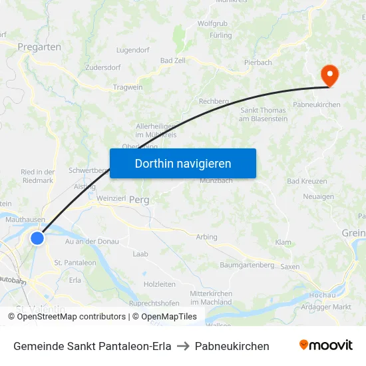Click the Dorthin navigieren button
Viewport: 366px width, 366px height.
(x=183, y=163)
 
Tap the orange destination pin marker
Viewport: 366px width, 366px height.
(x=329, y=75)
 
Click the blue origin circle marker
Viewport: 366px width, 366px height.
(x=37, y=238)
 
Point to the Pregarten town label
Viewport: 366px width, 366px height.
(x=39, y=47)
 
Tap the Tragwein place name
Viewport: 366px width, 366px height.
(x=128, y=87)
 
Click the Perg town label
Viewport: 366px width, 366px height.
(x=139, y=200)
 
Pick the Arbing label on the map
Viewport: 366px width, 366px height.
(x=206, y=236)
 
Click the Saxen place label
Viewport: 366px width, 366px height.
(x=290, y=266)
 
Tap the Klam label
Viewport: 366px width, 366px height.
(x=283, y=242)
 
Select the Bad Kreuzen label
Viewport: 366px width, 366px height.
(x=307, y=181)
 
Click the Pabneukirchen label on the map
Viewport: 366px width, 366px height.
(x=317, y=104)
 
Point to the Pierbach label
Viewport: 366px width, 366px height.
(x=258, y=63)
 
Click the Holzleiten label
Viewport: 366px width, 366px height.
(x=160, y=284)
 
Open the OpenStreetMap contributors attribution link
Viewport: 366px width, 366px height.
(x=71, y=317)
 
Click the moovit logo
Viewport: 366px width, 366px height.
(x=326, y=345)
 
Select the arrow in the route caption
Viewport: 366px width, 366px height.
(x=183, y=346)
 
